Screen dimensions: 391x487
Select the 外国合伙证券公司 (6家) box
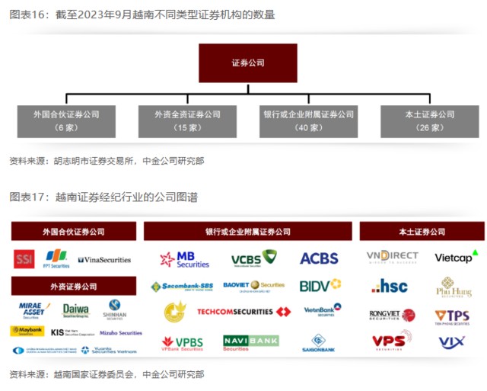[66, 120]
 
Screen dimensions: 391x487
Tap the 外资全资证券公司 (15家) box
[187, 120]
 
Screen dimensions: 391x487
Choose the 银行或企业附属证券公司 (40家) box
[308, 120]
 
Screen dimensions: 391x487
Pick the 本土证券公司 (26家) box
[429, 120]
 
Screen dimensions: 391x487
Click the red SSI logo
[24, 259]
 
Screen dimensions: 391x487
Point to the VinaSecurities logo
[104, 260]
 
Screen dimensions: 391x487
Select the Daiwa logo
[75, 310]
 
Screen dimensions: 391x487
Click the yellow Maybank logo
[27, 332]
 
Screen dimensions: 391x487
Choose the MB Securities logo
[185, 259]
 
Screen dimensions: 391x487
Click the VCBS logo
[253, 258]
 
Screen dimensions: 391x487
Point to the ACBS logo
[319, 258]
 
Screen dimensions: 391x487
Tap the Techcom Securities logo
[243, 312]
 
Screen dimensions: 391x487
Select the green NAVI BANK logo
[251, 341]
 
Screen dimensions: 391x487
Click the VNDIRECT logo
[392, 258]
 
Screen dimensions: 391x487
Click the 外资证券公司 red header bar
[74, 287]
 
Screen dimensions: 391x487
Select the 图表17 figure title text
[103, 197]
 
